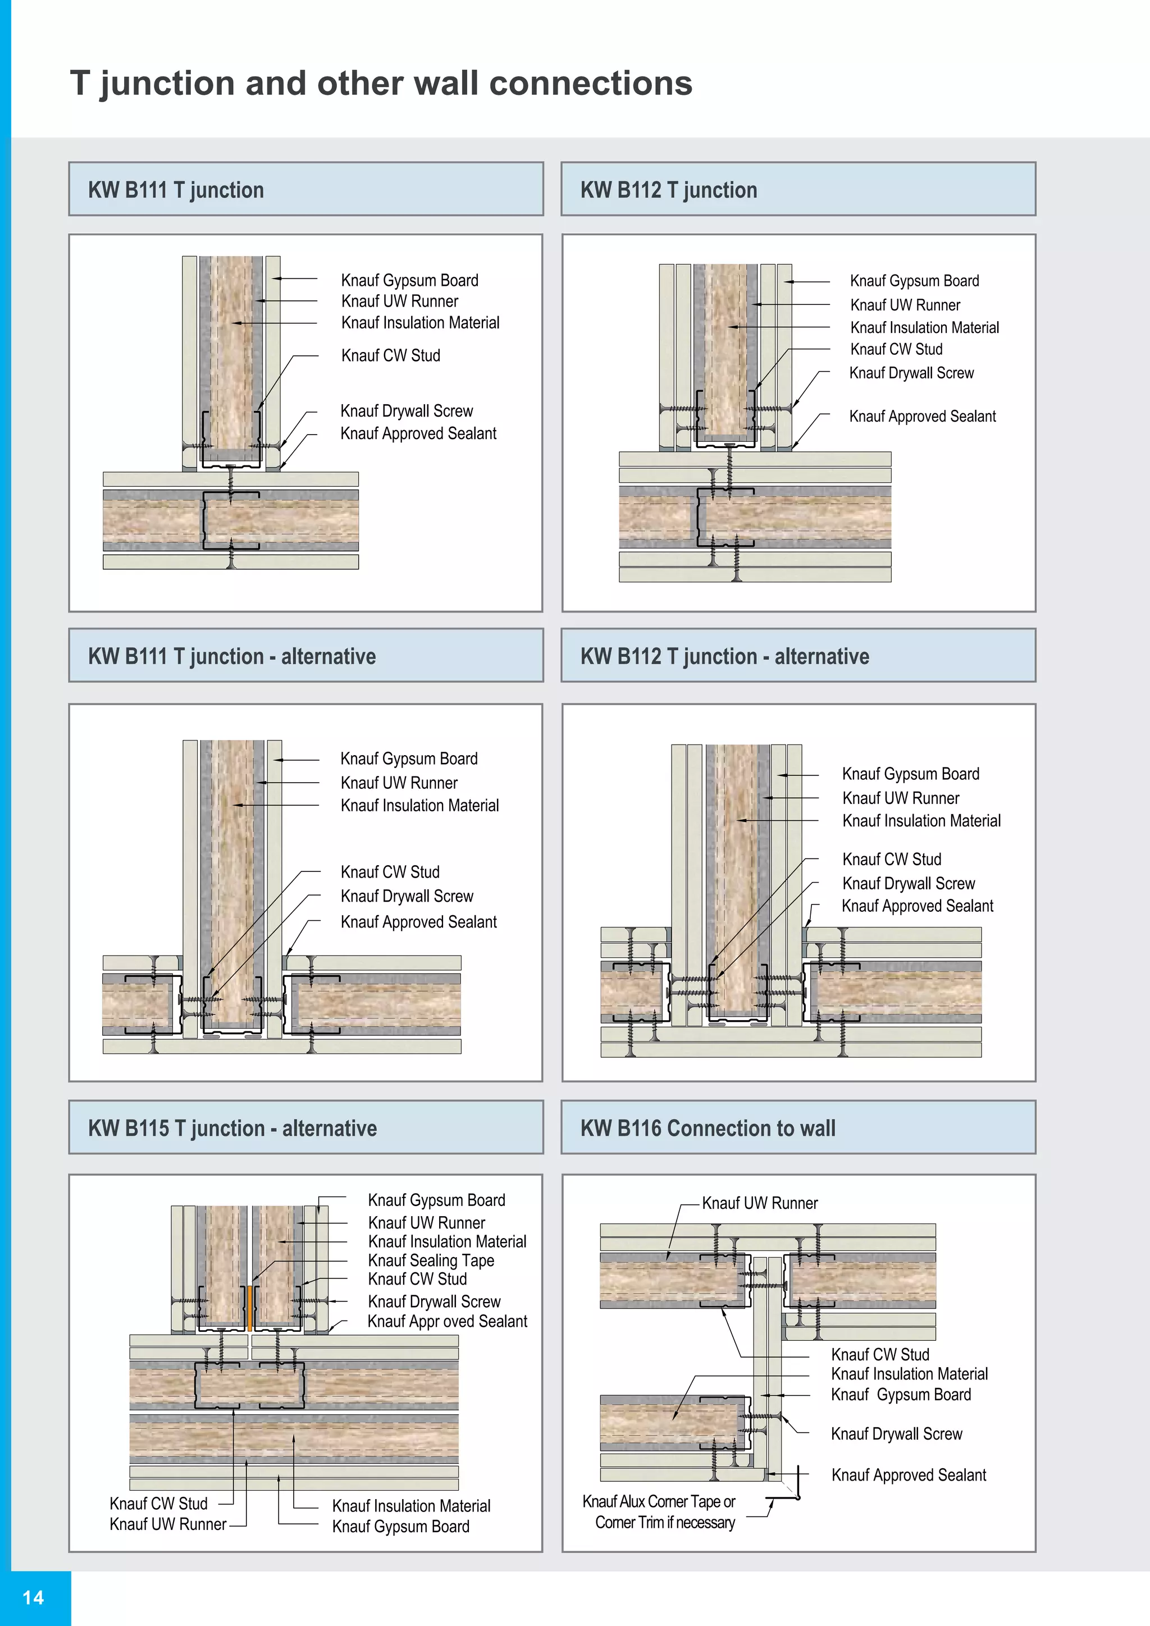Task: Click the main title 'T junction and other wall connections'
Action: [x=381, y=83]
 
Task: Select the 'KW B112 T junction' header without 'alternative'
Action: [x=668, y=190]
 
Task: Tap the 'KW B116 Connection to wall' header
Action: [x=708, y=1128]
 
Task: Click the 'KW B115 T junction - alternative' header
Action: [x=232, y=1128]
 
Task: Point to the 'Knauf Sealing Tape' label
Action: [x=431, y=1260]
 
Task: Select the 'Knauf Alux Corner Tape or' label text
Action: [x=659, y=1501]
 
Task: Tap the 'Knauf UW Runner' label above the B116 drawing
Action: [x=759, y=1203]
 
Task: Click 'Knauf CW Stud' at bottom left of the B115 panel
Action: [x=158, y=1503]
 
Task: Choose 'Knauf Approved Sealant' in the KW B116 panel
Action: [x=909, y=1474]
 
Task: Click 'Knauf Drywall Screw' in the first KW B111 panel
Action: [x=407, y=411]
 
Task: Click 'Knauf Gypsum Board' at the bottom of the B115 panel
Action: [x=401, y=1526]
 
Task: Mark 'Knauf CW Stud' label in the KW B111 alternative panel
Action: [x=390, y=872]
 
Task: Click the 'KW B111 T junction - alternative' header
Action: [x=231, y=656]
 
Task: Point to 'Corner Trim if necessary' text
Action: [x=665, y=1523]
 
